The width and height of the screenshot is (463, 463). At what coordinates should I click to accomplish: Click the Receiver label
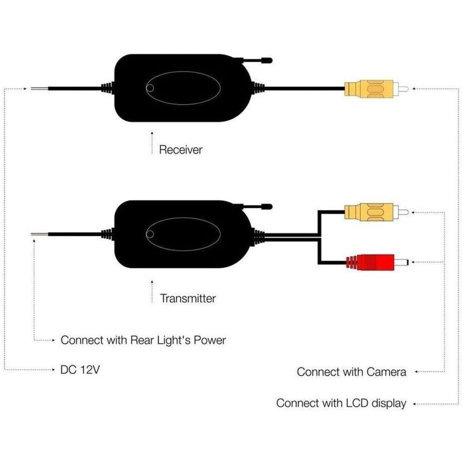click(181, 150)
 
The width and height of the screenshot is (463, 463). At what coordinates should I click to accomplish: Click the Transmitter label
click(188, 298)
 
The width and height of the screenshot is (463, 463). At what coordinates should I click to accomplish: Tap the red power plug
click(377, 262)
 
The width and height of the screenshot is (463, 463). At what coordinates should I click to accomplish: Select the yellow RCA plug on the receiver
click(376, 89)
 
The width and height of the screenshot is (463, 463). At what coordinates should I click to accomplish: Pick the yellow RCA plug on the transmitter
click(376, 212)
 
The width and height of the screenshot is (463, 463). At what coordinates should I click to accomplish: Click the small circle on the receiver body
click(150, 89)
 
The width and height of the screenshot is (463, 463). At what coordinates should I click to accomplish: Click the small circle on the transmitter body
click(150, 234)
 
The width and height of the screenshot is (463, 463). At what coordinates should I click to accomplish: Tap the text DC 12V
click(80, 370)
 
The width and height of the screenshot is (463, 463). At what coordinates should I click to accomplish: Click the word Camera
click(387, 372)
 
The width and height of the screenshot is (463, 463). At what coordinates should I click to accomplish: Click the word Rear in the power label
click(142, 340)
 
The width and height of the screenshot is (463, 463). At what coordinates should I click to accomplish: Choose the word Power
click(210, 340)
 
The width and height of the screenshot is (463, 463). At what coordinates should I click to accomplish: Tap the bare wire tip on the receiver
click(39, 89)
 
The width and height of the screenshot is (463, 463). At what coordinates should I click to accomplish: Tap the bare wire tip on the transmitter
click(39, 234)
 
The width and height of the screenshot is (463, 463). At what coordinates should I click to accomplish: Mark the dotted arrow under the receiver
click(152, 143)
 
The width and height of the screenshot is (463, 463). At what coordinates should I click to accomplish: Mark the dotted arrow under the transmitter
click(152, 292)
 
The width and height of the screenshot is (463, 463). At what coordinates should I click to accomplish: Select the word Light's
click(174, 340)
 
